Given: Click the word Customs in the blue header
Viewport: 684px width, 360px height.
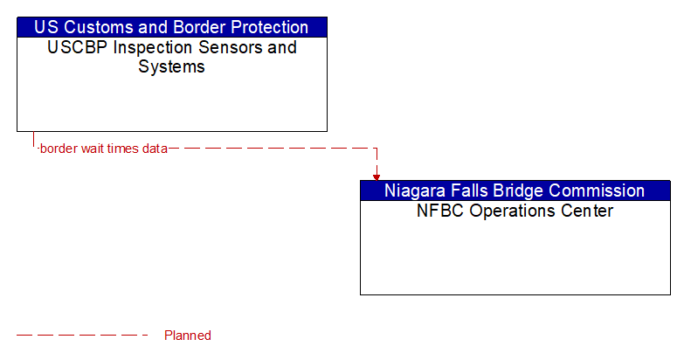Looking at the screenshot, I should (97, 27).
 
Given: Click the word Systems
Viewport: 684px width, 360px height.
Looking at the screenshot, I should (172, 66).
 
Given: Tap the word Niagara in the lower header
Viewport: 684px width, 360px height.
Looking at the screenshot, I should (416, 190).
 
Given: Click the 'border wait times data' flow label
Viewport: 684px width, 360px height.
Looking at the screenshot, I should (103, 149).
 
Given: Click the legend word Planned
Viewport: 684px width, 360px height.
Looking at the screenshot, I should (188, 336).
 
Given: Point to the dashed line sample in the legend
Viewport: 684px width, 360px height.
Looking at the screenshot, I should (83, 336).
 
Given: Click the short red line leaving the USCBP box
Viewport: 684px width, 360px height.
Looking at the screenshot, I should (34, 140).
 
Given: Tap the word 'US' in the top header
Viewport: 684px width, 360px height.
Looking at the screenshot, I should (47, 27).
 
